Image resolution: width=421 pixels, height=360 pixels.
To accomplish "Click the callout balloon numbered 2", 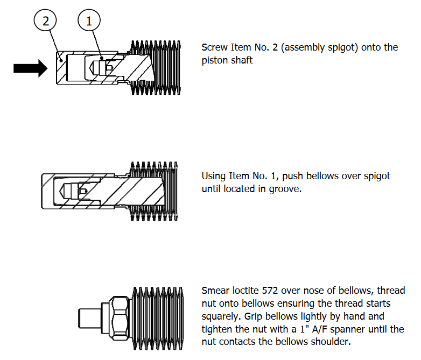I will [x=46, y=22].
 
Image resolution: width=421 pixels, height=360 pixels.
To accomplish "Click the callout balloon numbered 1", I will [x=89, y=22].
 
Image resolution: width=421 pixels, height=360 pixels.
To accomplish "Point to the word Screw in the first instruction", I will [x=214, y=47].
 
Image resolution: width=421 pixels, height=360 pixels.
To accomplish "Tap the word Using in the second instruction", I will [x=214, y=176].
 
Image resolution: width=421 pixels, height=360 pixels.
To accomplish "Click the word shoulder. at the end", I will [x=331, y=342].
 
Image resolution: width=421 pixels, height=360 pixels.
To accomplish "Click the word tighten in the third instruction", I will [x=216, y=329].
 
